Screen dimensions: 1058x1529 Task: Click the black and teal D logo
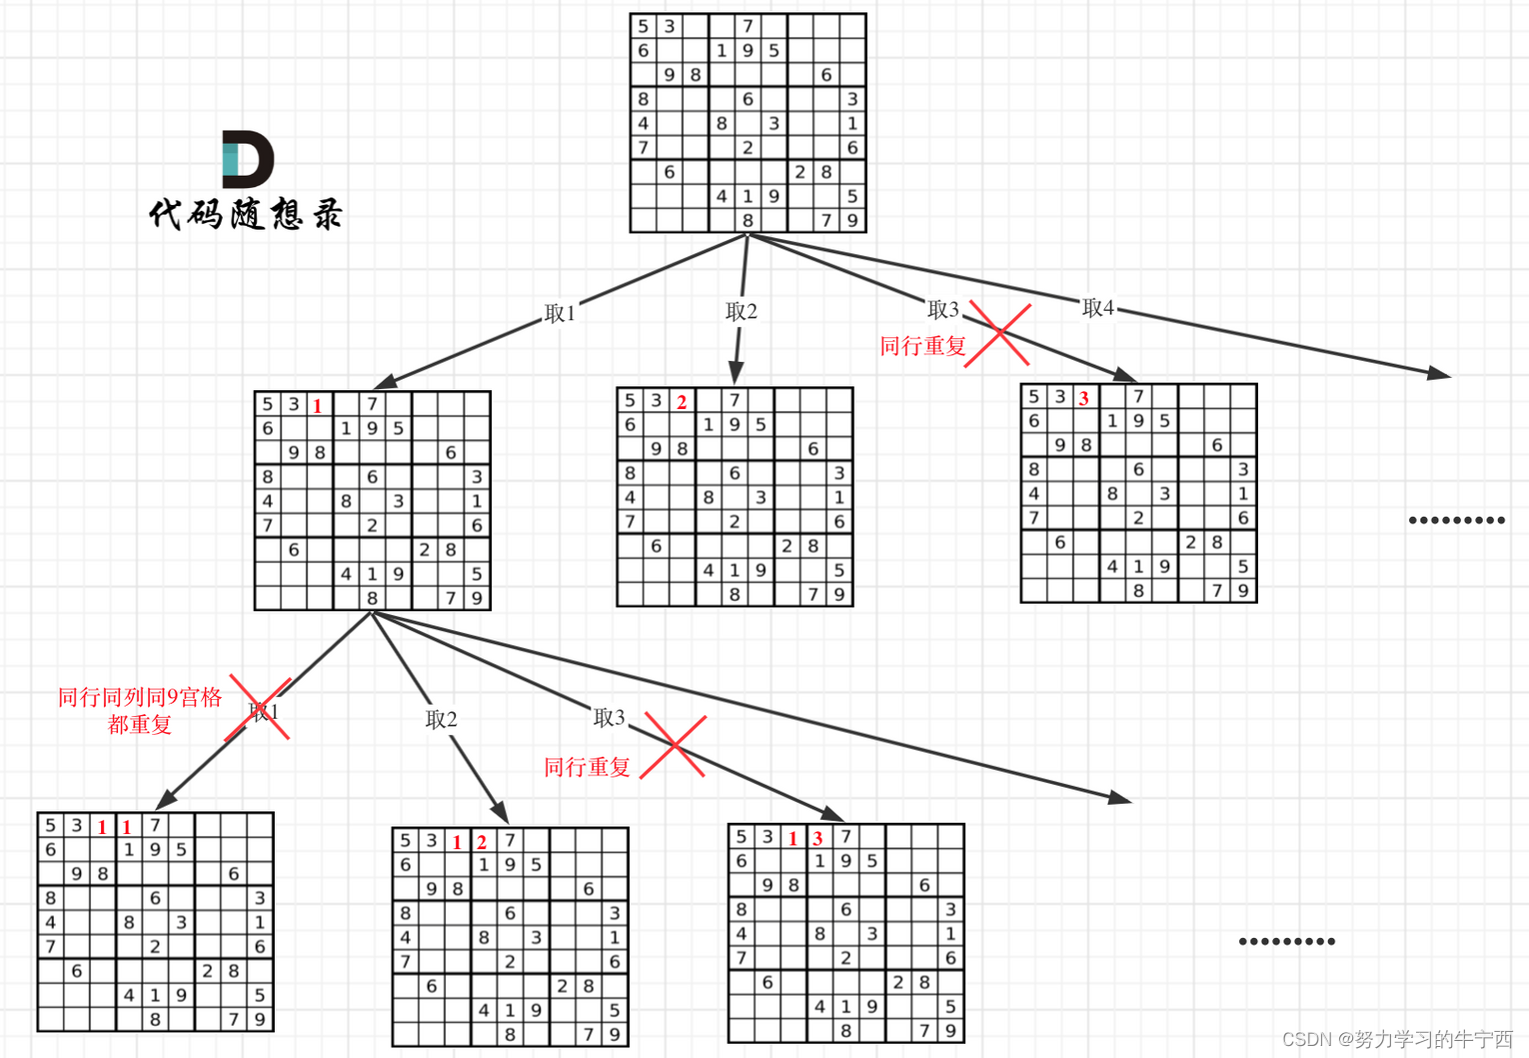coord(247,159)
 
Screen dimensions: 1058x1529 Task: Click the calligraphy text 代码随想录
coord(246,214)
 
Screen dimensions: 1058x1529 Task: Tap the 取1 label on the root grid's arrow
coord(560,314)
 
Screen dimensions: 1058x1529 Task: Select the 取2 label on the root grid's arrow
coord(742,312)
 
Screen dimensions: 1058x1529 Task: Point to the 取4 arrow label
coord(1097,308)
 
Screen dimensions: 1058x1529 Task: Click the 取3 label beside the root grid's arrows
coord(942,310)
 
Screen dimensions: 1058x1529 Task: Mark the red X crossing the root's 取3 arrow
coord(998,334)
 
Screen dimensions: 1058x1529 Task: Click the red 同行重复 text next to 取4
coord(922,347)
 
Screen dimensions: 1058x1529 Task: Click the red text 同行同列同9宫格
coord(140,698)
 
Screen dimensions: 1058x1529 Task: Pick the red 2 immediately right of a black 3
coord(682,402)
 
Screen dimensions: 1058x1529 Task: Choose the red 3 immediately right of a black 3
coord(1084,398)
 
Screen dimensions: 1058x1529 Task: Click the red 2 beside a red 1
coord(482,842)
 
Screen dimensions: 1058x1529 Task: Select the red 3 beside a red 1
coord(817,838)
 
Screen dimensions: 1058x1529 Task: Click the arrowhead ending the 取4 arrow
coord(1439,374)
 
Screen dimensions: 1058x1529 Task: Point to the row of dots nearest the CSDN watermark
coord(1286,941)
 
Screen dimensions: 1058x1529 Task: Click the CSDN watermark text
coord(1397,1039)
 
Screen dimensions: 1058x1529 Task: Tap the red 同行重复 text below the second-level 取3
coord(587,768)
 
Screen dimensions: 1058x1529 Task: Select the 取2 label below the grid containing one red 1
coord(441,719)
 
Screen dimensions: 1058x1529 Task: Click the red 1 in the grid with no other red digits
coord(318,406)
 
